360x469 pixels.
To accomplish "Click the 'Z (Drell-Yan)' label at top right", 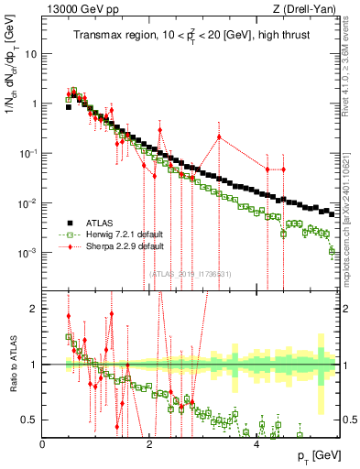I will click(311, 8).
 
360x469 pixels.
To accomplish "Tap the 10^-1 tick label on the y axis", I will click(29, 153).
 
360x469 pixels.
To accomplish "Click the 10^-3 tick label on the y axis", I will click(29, 252).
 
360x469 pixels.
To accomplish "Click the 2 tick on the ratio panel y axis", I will click(36, 309).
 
